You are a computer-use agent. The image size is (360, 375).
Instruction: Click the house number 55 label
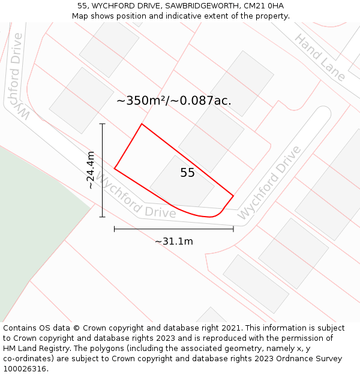coord(187,173)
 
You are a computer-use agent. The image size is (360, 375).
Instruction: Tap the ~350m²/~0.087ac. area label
coord(173,101)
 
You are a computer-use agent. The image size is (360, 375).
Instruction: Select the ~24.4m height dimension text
coord(90,170)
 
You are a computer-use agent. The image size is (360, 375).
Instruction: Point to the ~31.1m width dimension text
coord(174,241)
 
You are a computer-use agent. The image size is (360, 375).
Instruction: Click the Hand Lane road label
coord(320,58)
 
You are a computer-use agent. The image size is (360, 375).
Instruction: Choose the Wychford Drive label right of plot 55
coord(269,182)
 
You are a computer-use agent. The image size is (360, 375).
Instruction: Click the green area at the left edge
coord(30,222)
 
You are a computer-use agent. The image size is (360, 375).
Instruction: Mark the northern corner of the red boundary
coord(142,124)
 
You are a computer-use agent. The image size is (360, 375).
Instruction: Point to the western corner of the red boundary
coord(115,169)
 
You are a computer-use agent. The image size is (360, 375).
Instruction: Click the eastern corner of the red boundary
coord(233,196)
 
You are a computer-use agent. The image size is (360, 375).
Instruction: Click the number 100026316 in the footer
coord(25,368)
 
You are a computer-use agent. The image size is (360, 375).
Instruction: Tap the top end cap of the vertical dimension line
coord(103,124)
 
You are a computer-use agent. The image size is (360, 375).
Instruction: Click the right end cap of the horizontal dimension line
coord(233,229)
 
